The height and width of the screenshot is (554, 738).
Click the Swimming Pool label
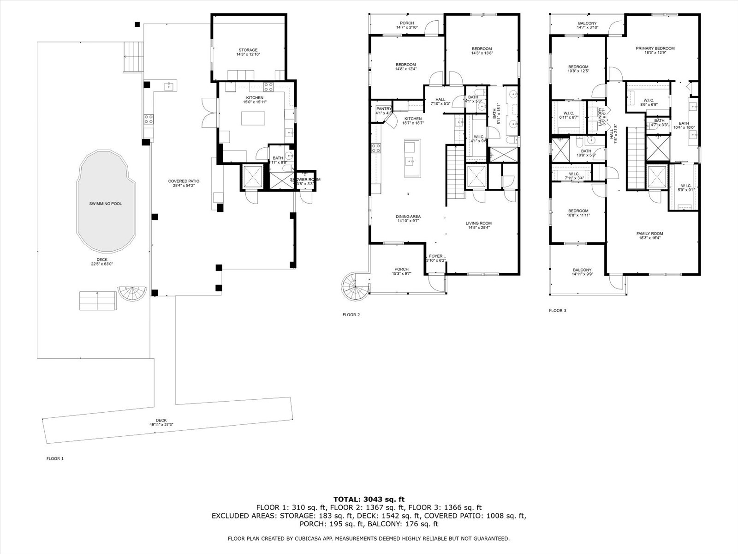pos(106,204)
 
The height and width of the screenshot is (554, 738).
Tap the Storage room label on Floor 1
pos(248,50)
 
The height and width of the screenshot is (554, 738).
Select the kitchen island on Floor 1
pos(254,118)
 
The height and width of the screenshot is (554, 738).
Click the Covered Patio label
pos(184,181)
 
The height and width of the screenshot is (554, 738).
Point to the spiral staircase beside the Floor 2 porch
pos(355,287)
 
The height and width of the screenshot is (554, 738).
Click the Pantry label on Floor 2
pos(384,109)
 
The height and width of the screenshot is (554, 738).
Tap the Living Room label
pos(478,223)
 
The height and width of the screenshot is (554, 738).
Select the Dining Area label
pos(408,217)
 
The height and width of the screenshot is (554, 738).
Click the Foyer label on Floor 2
pos(435,256)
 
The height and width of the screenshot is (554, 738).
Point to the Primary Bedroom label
pos(655,48)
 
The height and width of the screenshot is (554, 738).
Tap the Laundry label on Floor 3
pos(600,116)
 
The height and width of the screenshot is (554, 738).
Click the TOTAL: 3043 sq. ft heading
pos(369,499)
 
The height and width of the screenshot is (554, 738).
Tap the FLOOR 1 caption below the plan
pos(55,458)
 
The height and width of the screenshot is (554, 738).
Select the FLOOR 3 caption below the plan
pos(557,311)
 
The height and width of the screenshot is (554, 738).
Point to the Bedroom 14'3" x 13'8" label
pos(482,49)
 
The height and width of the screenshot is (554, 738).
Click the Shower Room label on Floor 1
pos(305,180)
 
